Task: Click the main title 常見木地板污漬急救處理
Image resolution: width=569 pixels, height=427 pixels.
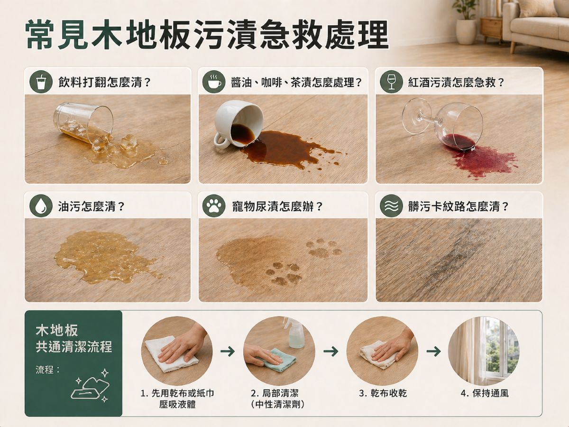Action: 207,35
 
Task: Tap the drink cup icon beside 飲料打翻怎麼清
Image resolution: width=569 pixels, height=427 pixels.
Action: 41,82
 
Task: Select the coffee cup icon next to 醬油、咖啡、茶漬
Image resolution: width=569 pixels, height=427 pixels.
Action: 214,82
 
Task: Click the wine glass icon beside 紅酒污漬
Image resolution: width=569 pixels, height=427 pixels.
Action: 391,82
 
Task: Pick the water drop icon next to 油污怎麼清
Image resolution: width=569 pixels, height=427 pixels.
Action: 41,206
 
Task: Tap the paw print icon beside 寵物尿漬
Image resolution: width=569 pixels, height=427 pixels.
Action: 214,206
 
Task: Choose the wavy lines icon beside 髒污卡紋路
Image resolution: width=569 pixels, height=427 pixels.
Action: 391,206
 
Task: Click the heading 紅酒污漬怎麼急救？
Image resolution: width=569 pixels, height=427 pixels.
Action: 456,82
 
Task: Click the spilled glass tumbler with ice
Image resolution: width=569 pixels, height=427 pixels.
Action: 84,123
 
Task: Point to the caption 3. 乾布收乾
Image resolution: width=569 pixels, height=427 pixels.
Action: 383,393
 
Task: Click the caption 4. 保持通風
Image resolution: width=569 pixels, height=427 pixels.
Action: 484,393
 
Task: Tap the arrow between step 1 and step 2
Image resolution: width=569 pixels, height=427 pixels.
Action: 228,351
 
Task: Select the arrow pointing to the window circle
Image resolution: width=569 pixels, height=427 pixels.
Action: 433,351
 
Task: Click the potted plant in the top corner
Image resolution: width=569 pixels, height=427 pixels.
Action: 465,21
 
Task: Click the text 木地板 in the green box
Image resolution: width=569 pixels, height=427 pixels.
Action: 57,331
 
